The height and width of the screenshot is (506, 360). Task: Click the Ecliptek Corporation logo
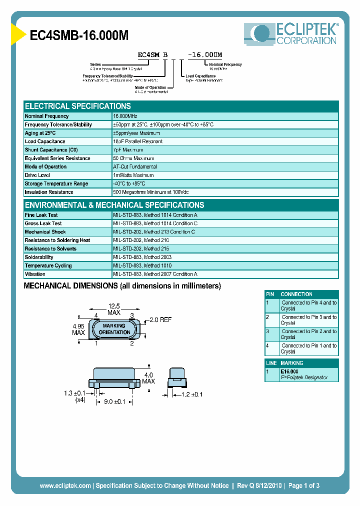tap(290, 34)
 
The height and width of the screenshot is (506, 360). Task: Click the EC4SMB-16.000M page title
tap(79, 35)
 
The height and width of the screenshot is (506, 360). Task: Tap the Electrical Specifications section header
tap(78, 106)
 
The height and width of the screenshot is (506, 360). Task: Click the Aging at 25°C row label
tap(40, 133)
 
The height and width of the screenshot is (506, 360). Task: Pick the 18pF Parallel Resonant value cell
tap(138, 141)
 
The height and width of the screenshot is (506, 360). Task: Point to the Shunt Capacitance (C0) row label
tap(51, 150)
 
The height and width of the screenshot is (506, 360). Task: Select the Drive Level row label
tap(37, 175)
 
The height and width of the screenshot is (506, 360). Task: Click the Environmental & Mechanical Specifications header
tap(114, 205)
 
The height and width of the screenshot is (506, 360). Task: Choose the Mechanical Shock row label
tap(45, 232)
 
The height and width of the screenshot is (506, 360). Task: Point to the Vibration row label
tap(35, 274)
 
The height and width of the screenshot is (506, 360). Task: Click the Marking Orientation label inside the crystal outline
tap(114, 329)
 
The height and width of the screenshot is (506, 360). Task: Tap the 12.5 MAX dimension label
tap(114, 309)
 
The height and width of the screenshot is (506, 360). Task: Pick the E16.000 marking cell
tap(289, 371)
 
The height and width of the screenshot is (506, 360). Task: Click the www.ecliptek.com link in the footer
tap(65, 485)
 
